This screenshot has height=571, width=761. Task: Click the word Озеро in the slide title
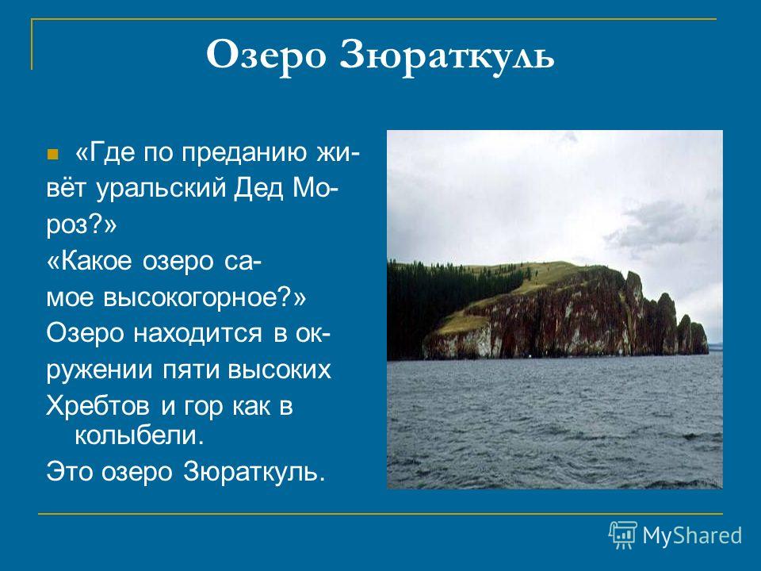coord(266,56)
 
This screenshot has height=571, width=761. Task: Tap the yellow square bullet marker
coord(52,155)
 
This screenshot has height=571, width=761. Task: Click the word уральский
coord(161,189)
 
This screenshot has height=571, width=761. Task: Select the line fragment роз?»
coord(82,226)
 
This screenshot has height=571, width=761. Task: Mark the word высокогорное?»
coord(205,298)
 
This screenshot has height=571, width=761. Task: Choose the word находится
coord(197,334)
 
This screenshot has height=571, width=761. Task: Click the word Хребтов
coord(98,406)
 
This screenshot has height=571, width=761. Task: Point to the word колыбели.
coord(138,435)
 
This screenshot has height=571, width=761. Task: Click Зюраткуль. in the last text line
coord(254,471)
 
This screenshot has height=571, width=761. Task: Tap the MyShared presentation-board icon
coord(623,535)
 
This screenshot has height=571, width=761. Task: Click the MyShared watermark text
coord(692,536)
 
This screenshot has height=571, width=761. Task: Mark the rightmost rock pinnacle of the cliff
coord(699,338)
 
